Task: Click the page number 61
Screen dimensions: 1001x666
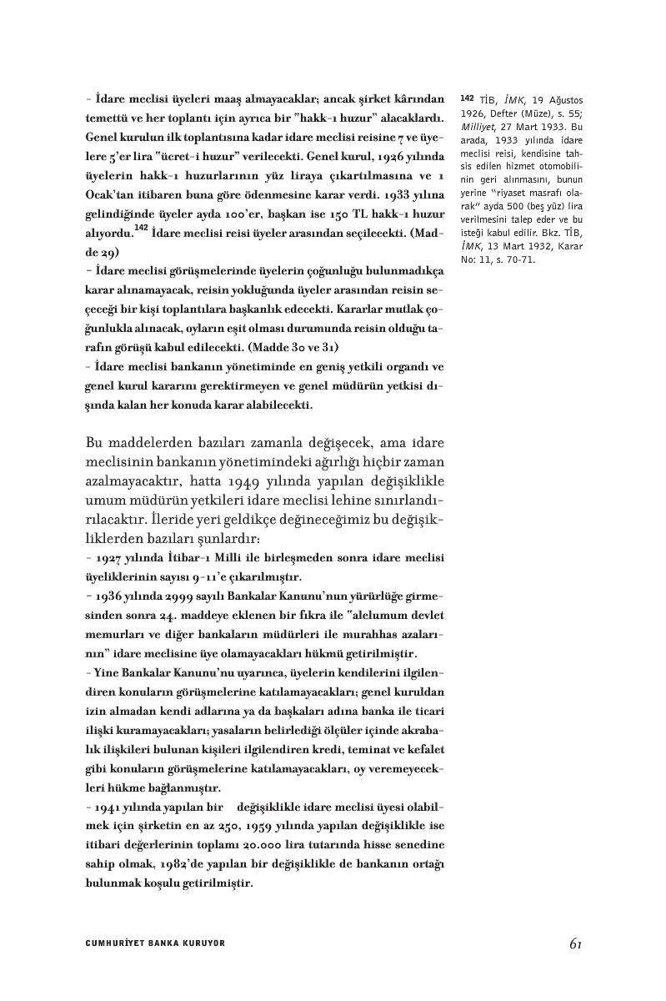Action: pyautogui.click(x=574, y=943)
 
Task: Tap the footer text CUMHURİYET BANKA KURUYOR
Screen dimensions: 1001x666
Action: pyautogui.click(x=156, y=943)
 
